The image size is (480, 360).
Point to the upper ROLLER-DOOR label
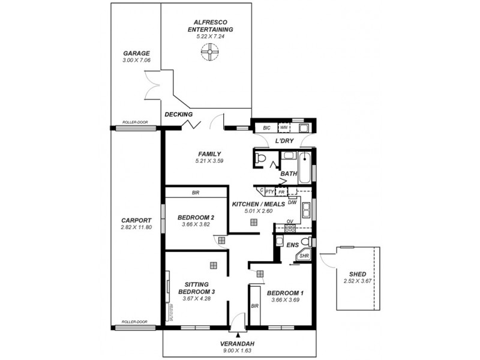point(134,122)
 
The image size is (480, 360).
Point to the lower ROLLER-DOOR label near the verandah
point(134,322)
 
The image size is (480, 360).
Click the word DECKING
point(178,115)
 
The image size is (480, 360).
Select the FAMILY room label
point(208,154)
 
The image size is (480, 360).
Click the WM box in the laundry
point(283,128)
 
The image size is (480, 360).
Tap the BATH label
point(289,174)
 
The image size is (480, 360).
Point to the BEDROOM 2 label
point(196,217)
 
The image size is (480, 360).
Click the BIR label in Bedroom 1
point(255,306)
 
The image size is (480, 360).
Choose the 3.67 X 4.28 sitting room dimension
point(196,299)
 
